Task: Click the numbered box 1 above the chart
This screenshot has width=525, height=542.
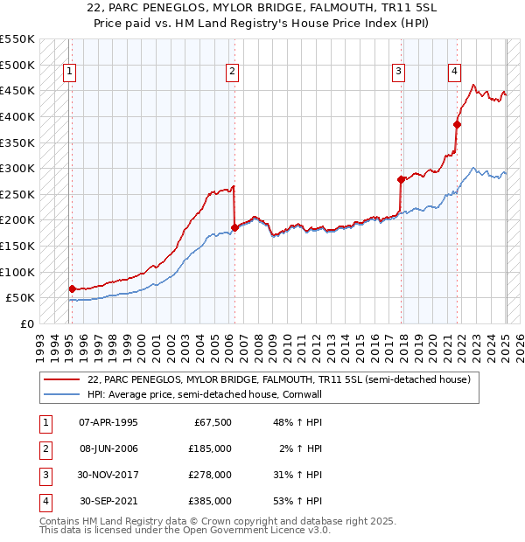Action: [69, 73]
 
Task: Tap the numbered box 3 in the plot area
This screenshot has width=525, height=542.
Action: [398, 73]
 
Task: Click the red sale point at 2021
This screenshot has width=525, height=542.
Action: [457, 124]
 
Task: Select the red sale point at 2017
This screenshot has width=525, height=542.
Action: [401, 179]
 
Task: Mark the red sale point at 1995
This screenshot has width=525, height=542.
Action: [72, 288]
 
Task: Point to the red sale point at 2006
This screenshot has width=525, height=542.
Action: [234, 227]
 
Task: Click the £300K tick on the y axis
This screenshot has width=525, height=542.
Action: [17, 168]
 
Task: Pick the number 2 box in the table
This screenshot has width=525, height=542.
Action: [45, 448]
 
